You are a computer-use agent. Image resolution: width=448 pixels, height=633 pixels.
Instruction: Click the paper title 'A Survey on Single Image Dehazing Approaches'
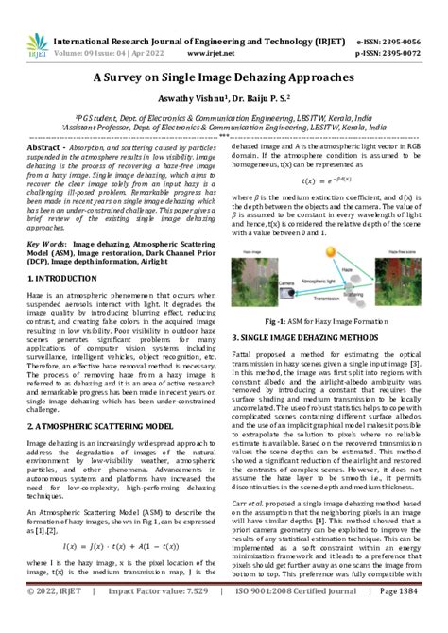click(223, 82)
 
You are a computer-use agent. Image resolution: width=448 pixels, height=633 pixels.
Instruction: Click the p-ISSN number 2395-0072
click(407, 54)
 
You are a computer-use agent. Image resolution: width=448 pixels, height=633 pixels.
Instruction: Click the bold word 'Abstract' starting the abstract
click(49, 149)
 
